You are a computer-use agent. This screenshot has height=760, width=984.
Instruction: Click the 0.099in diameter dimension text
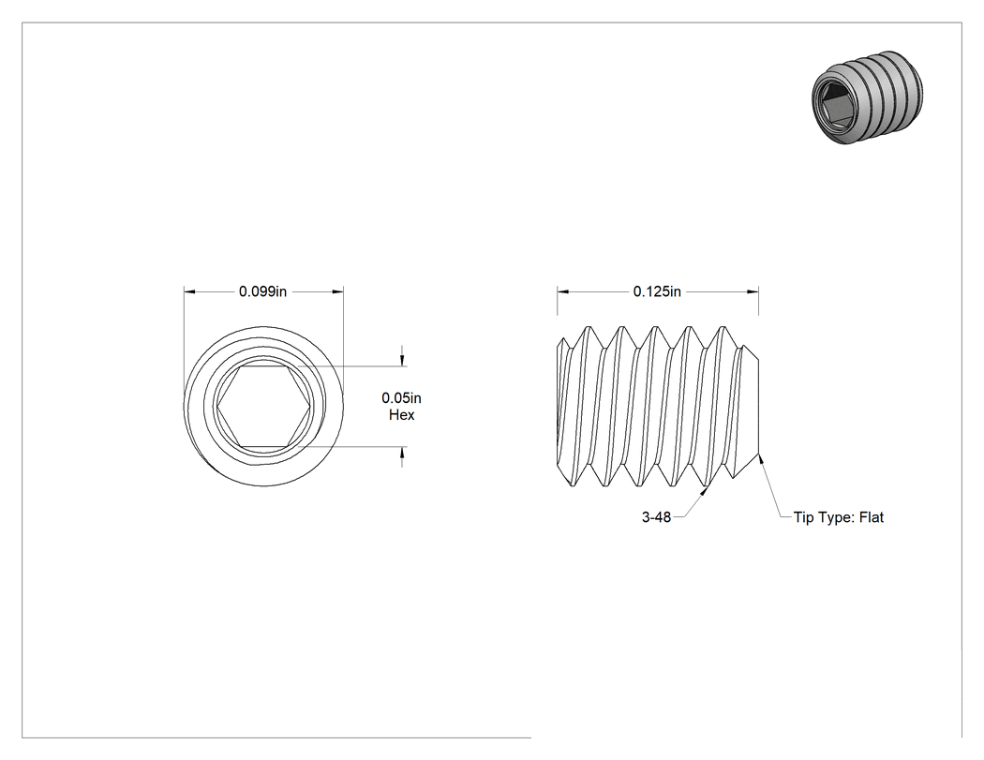pyautogui.click(x=262, y=291)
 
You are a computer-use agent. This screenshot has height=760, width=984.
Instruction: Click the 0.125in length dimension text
pyautogui.click(x=656, y=291)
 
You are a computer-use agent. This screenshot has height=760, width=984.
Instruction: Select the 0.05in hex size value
pyautogui.click(x=402, y=398)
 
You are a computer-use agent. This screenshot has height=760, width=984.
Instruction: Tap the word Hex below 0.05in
pyautogui.click(x=402, y=415)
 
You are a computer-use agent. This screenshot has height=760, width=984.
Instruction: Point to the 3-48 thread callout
pyautogui.click(x=656, y=517)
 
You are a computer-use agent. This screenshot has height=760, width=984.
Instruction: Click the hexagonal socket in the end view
pyautogui.click(x=263, y=407)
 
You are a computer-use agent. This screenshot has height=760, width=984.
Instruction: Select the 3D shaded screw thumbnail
pyautogui.click(x=867, y=96)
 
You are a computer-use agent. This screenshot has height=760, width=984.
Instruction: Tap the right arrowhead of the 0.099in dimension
pyautogui.click(x=337, y=291)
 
